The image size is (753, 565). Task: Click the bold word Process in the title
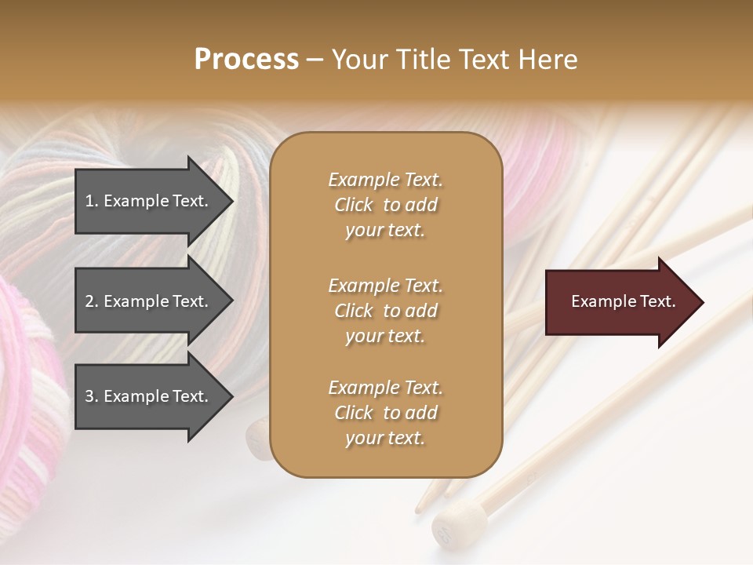(246, 60)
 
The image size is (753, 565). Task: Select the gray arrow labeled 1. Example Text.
(149, 201)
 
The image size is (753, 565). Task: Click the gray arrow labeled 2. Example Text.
(149, 301)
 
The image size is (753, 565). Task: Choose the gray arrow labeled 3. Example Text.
(149, 396)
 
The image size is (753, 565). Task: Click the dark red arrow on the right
(620, 301)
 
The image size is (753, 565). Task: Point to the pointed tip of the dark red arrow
(701, 301)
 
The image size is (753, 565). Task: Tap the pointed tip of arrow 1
(231, 201)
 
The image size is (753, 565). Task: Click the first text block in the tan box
(385, 205)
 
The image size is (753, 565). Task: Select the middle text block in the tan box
(385, 311)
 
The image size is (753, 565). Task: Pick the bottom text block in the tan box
(385, 413)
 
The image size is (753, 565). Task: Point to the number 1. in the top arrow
(92, 201)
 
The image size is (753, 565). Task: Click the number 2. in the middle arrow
(92, 301)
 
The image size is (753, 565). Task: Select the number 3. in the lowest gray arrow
(92, 396)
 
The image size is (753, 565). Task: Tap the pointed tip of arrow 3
(231, 396)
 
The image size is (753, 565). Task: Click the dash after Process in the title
(315, 60)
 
